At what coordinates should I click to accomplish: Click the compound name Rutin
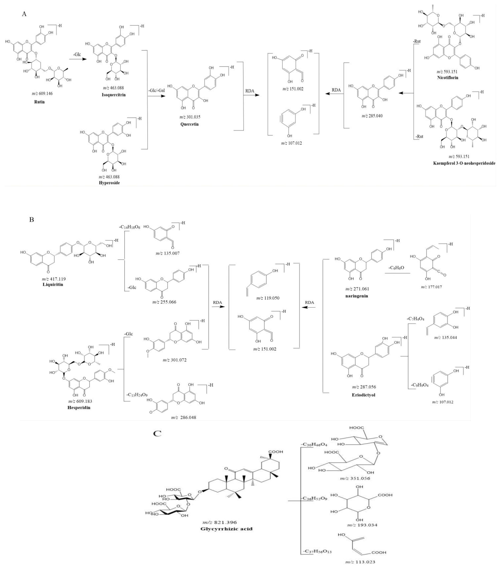pos(39,102)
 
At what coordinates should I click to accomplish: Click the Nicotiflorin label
pos(447,78)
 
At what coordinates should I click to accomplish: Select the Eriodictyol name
pos(364,395)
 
